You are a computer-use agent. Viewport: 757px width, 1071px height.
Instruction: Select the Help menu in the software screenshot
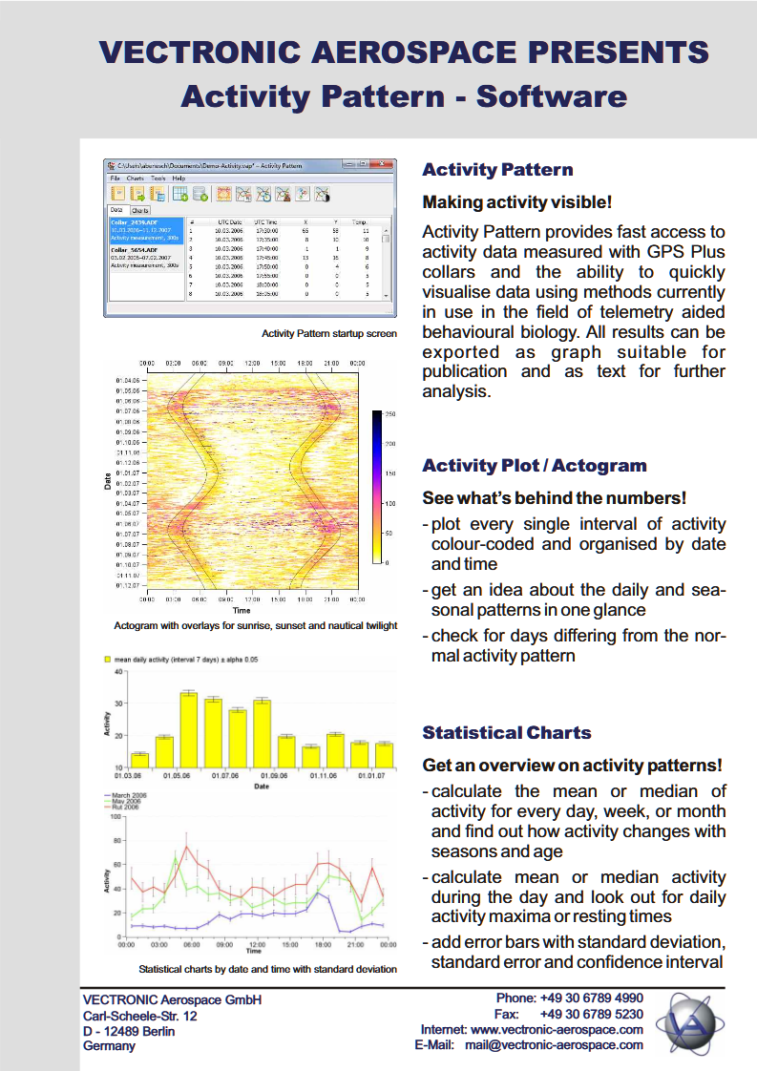(x=179, y=178)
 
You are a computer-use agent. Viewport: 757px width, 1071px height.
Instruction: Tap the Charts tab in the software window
(x=140, y=210)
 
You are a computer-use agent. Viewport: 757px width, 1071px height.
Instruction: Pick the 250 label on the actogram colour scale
(x=389, y=414)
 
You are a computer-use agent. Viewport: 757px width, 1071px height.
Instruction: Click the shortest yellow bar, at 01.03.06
(x=139, y=761)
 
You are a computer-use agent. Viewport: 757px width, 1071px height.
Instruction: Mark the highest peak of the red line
(x=187, y=847)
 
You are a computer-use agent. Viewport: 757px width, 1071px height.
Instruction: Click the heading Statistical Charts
(x=506, y=733)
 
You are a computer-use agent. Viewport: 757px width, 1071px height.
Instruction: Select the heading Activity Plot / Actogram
(x=534, y=466)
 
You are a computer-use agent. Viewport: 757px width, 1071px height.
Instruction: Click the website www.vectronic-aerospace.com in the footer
(x=557, y=1030)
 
